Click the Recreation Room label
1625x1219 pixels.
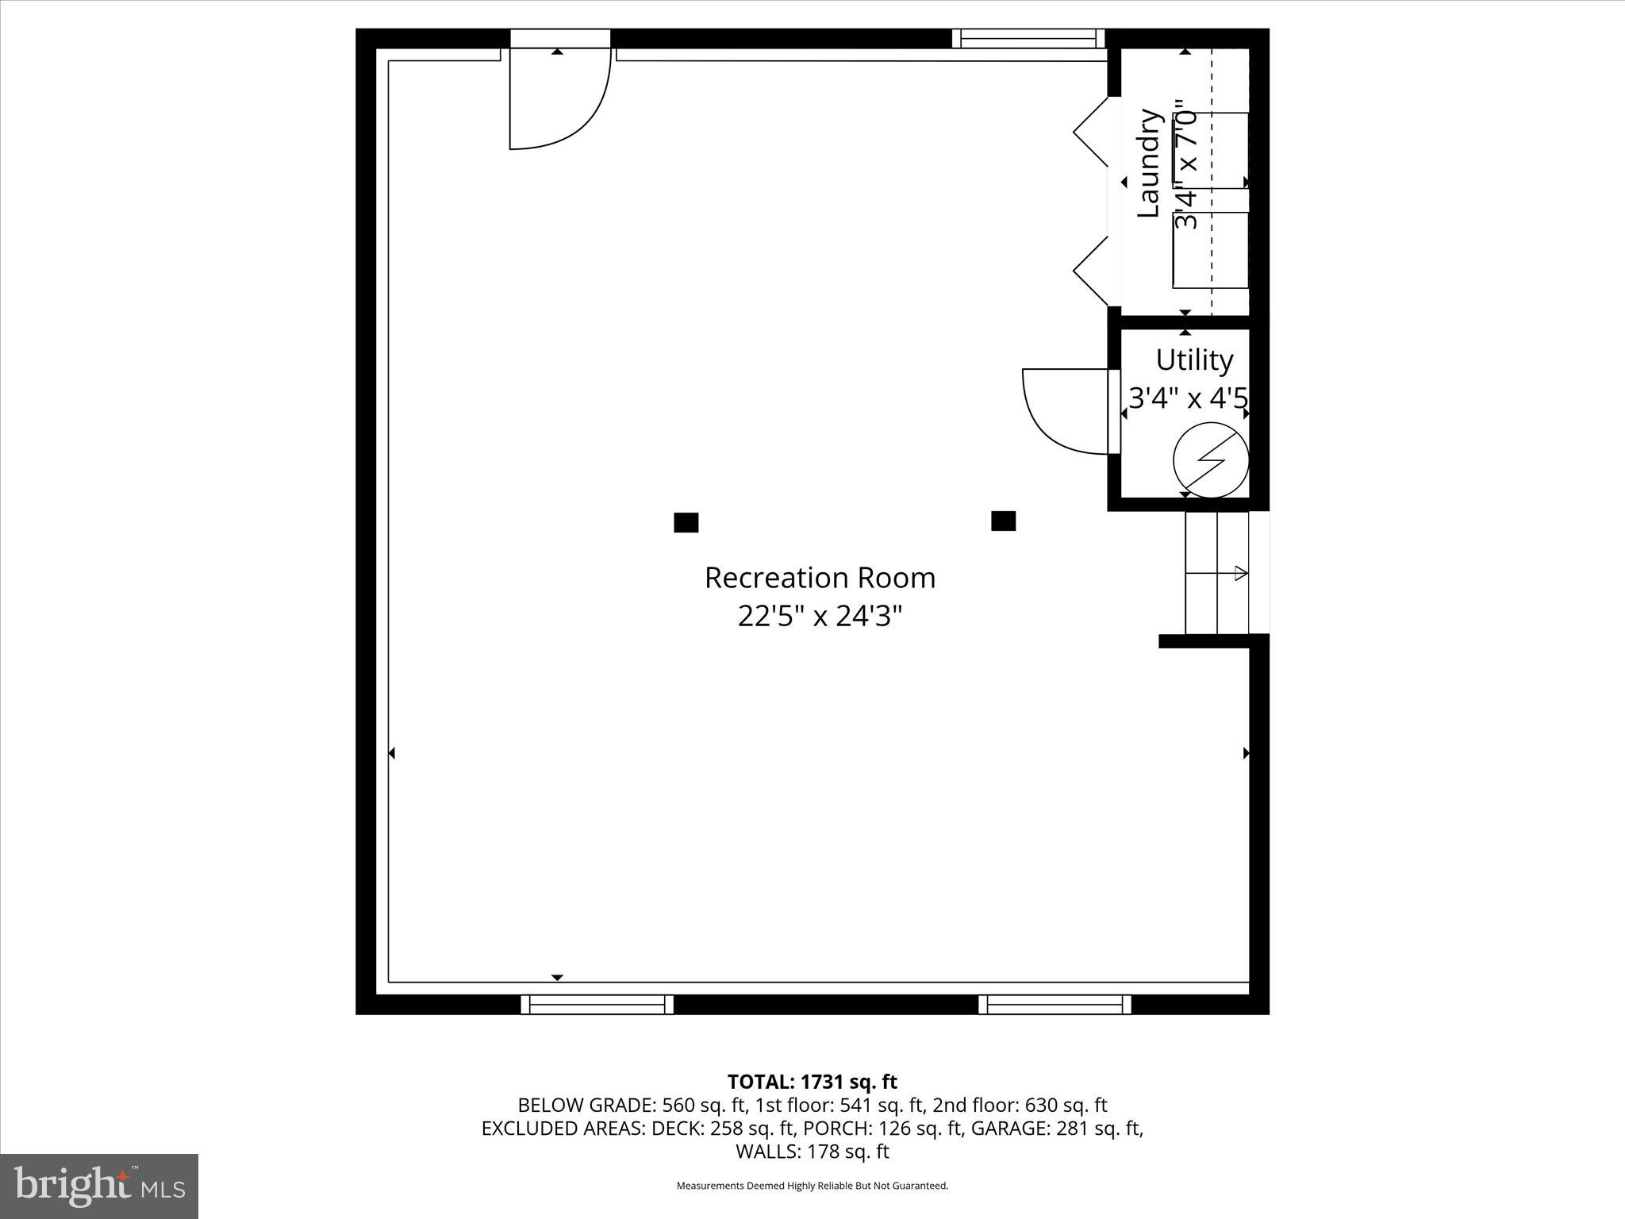point(820,578)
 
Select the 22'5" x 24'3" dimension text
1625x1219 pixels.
point(820,616)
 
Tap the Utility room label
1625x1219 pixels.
point(1194,360)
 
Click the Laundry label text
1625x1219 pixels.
point(1149,163)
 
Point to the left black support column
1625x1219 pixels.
point(686,522)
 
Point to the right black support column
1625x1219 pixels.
point(1003,521)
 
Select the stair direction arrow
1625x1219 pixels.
point(1239,573)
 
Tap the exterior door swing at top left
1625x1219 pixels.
point(559,99)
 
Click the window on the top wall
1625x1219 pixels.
point(1028,38)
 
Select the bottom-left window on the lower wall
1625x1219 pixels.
point(597,1005)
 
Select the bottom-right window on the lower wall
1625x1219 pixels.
point(1055,1005)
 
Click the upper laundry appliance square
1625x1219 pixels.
point(1211,150)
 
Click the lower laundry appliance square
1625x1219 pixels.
point(1211,249)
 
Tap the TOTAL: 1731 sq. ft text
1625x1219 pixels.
point(812,1082)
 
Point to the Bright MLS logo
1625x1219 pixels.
point(99,1186)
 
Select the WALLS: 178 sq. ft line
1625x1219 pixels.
point(812,1152)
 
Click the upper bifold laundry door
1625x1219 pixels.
point(1091,132)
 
